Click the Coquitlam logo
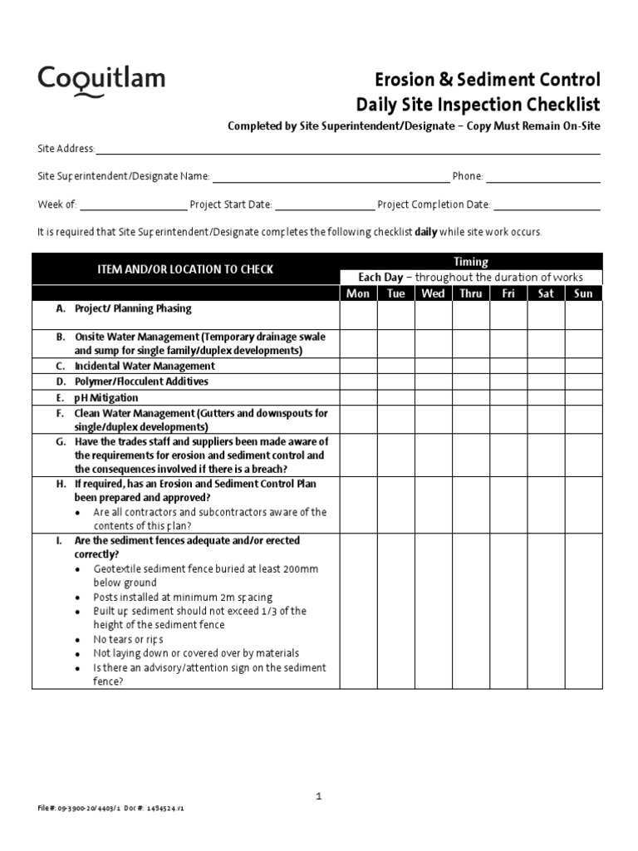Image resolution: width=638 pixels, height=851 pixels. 101,81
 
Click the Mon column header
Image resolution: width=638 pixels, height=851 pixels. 358,293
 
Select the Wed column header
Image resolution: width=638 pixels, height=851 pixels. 433,293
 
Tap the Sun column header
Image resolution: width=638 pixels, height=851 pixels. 583,293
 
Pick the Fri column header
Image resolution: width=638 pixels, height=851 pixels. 508,293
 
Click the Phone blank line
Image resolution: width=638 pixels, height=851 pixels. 542,180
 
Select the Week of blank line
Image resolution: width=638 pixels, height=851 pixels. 133,209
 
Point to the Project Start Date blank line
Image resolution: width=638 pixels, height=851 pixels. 324,209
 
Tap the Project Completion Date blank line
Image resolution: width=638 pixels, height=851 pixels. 547,209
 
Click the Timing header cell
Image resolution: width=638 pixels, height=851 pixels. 470,262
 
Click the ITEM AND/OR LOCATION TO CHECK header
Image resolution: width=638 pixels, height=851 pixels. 185,269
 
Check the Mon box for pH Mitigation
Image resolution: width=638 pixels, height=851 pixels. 358,397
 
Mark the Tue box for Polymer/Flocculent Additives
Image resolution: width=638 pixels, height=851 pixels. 395,381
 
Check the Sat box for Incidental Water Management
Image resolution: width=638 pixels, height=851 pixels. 546,366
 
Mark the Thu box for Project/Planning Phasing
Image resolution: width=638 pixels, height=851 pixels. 470,316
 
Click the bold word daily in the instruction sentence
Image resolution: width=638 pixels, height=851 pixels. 426,233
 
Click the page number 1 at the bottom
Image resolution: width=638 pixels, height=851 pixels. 318,796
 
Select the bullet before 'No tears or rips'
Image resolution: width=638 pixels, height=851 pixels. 77,640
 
